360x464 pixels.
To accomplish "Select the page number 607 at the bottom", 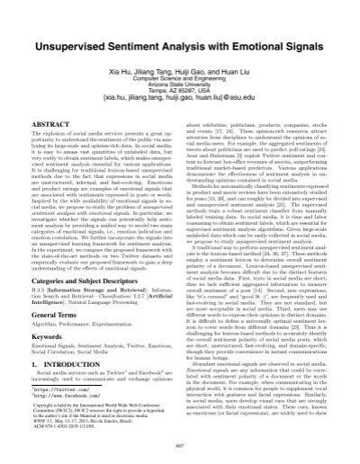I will click(180, 449).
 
